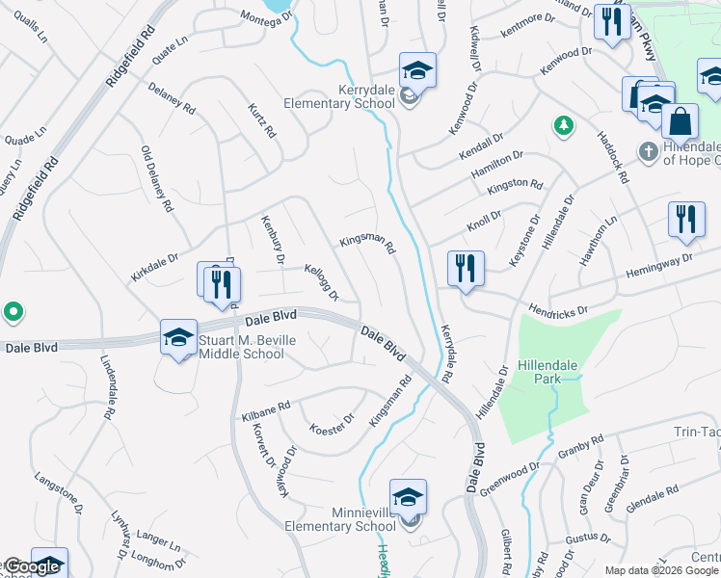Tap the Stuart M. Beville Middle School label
pyautogui.click(x=241, y=347)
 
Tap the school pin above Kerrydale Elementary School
pyautogui.click(x=417, y=70)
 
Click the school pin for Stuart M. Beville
pyautogui.click(x=179, y=337)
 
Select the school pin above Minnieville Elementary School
pyautogui.click(x=408, y=497)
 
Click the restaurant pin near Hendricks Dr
pyautogui.click(x=466, y=269)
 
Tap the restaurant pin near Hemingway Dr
pyautogui.click(x=686, y=220)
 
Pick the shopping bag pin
pyautogui.click(x=681, y=122)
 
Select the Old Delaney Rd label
pyautogui.click(x=156, y=179)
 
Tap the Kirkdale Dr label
pyautogui.click(x=154, y=268)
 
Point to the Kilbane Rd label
pyautogui.click(x=265, y=411)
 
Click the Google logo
pyautogui.click(x=33, y=567)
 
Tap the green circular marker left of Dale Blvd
pyautogui.click(x=13, y=312)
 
